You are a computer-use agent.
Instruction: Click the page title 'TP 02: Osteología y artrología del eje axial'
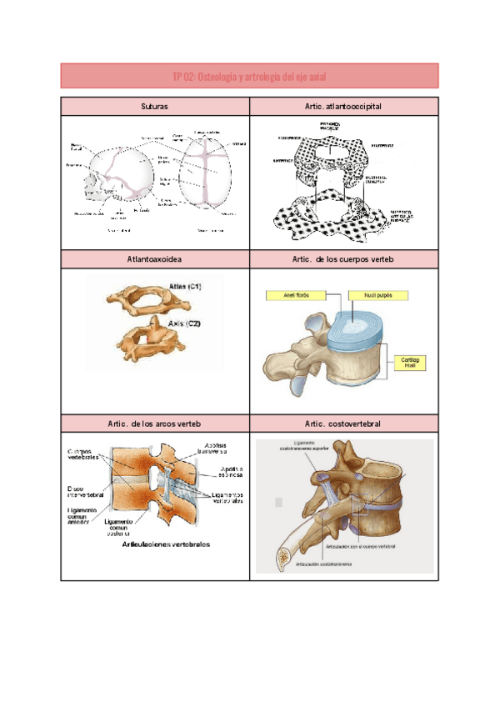(249, 77)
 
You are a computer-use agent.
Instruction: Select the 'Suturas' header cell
(155, 107)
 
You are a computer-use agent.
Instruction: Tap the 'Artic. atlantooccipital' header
(343, 107)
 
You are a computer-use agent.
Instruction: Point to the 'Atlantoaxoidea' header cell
(155, 260)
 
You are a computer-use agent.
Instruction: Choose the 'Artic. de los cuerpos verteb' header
(343, 260)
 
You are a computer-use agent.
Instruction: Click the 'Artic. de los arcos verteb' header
(155, 424)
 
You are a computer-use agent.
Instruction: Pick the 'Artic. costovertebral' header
(343, 424)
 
